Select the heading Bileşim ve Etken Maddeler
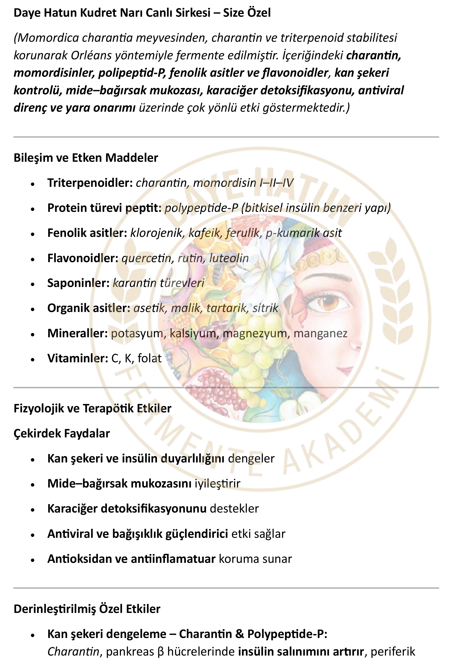(x=86, y=158)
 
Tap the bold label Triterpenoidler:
(x=90, y=183)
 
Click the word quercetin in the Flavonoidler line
(x=146, y=258)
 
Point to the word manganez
(x=320, y=333)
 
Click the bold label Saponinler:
(x=78, y=283)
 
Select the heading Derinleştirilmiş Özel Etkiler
(x=87, y=609)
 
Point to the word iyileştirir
(x=217, y=484)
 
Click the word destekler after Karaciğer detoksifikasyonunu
(x=234, y=509)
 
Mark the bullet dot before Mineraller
(x=33, y=334)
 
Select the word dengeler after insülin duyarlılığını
(x=251, y=459)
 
